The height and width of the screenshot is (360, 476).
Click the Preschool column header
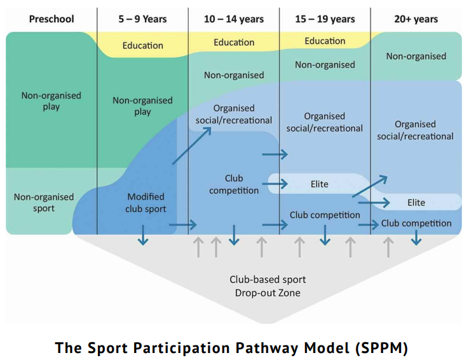pos(51,19)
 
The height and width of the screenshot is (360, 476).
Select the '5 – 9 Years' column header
pos(142,19)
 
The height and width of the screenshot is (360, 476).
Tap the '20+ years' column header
pos(416,19)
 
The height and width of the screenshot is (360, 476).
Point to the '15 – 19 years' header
pos(325,19)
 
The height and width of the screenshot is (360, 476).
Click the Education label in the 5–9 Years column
pos(142,46)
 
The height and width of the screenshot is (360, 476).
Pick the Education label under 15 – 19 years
pos(325,41)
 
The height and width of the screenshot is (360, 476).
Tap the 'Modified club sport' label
pos(146,202)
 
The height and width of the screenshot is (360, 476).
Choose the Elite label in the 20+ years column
pos(416,202)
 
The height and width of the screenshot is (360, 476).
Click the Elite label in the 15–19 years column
pos(320,184)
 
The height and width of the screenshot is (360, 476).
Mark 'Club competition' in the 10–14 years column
pos(234,184)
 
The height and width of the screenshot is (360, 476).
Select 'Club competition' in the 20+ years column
pos(416,223)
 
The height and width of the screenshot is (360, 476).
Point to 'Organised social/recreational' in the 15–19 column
pos(325,122)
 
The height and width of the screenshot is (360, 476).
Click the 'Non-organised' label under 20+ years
pos(416,56)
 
